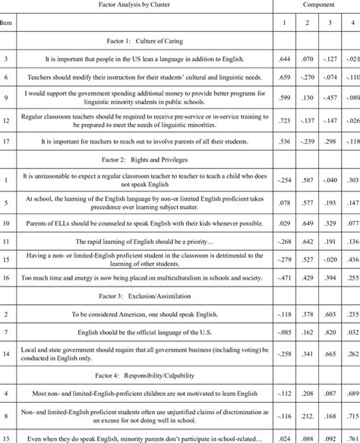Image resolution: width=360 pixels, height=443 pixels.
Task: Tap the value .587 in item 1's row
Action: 307,180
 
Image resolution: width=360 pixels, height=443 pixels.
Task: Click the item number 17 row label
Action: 6,141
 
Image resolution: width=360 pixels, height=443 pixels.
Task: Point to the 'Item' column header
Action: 7,23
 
